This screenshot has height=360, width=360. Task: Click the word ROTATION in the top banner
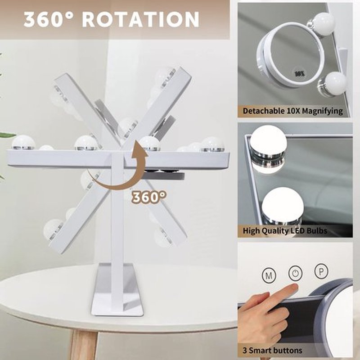coord(141,19)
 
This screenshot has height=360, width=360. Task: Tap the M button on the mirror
coord(269,275)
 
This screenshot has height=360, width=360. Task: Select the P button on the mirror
coord(321,271)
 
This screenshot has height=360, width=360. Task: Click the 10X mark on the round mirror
coord(300,74)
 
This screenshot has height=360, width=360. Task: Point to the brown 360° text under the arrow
coord(149,197)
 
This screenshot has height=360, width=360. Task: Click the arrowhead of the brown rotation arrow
coord(139,147)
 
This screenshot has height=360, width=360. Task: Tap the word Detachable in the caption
coord(263,111)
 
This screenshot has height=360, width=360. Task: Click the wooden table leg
coord(84,344)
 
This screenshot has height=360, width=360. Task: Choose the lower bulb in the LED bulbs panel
coord(282,206)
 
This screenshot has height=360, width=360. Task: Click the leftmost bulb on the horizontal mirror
coord(23,142)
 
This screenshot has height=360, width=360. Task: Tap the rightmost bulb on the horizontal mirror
coord(212,144)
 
